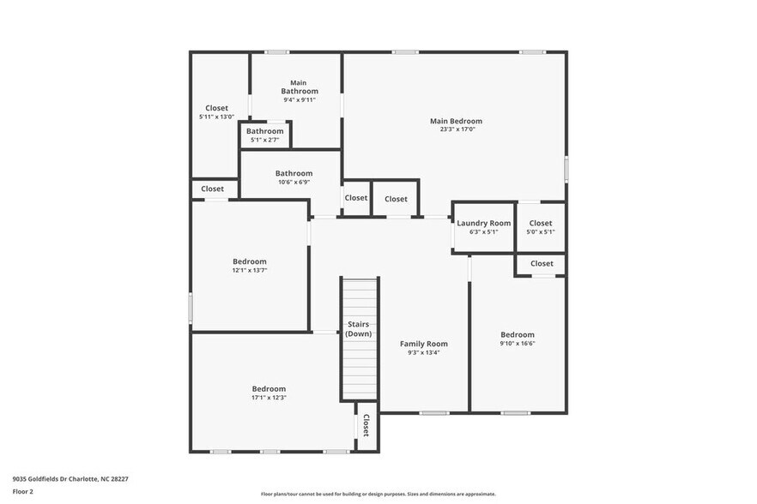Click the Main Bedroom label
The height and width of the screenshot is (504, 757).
456,121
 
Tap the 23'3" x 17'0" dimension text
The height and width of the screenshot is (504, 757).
456,130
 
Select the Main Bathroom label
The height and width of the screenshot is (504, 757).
300,87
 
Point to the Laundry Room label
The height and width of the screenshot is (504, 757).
483,223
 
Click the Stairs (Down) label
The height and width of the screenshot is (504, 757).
359,328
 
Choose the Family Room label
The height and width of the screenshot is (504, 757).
424,344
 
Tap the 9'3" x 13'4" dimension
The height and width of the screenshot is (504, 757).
424,352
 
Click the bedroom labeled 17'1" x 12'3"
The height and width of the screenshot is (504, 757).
269,388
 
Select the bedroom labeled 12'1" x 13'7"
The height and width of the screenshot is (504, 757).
249,261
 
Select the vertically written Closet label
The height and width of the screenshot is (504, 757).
366,425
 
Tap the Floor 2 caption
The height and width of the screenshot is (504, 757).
23,491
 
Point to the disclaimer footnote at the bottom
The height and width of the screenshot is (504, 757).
378,494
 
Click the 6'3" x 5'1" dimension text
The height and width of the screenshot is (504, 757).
483,231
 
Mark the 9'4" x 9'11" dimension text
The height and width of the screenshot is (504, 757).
300,100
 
